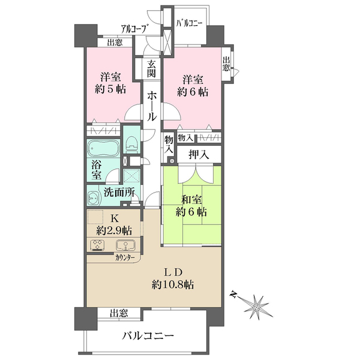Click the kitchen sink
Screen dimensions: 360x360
(x=125, y=245)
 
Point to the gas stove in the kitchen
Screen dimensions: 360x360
(x=98, y=245)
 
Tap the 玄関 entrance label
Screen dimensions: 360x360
(x=152, y=68)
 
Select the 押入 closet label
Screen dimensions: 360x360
(x=199, y=155)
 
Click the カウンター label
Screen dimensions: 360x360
(x=125, y=257)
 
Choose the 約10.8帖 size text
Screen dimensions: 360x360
(x=172, y=285)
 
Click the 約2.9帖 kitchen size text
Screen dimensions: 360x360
(x=114, y=230)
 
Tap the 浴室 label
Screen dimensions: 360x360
(x=97, y=169)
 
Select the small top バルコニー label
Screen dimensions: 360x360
(x=189, y=23)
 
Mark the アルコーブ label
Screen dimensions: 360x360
(x=134, y=29)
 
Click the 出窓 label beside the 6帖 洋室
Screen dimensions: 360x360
(x=226, y=64)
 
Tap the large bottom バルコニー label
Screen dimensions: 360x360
(x=148, y=337)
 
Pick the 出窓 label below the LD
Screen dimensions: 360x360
(x=119, y=313)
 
